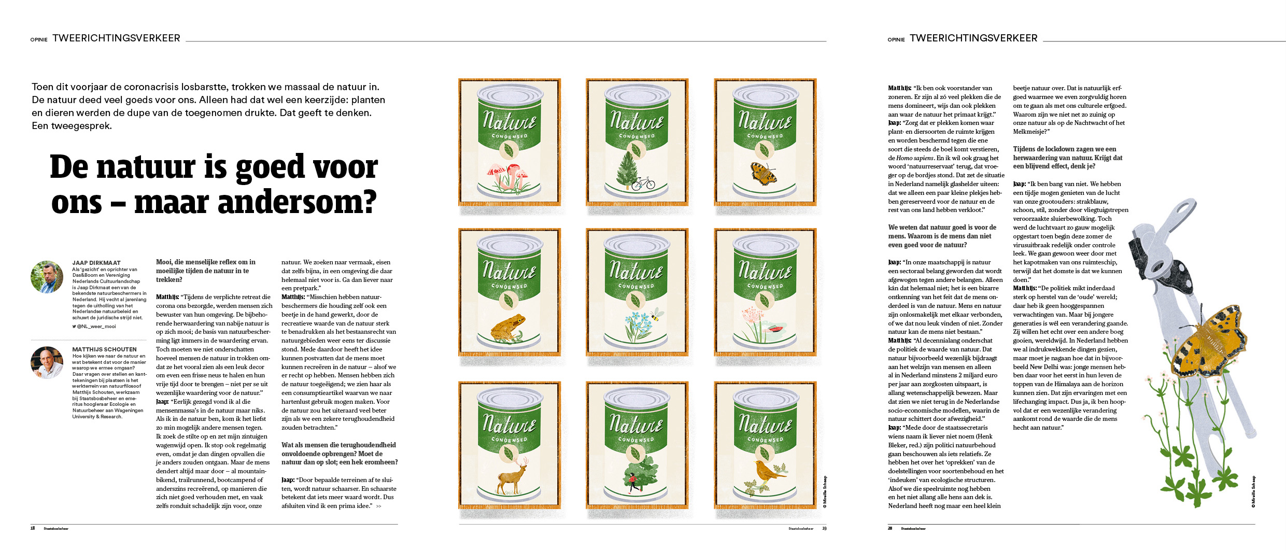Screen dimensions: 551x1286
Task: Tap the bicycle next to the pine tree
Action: click(x=643, y=183)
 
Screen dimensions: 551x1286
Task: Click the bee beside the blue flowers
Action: click(x=656, y=315)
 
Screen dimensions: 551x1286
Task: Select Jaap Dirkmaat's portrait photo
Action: click(x=47, y=277)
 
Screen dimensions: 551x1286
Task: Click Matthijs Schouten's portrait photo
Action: click(x=47, y=362)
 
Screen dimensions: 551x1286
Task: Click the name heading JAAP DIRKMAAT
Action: click(x=96, y=263)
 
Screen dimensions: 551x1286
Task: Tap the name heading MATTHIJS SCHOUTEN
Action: click(x=104, y=349)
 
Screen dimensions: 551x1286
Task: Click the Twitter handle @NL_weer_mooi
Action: click(x=96, y=327)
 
